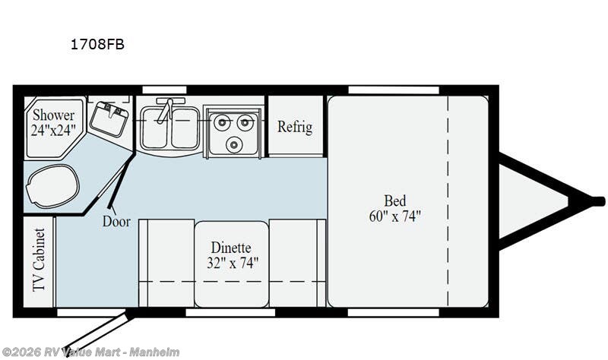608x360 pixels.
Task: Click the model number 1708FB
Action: pos(97,44)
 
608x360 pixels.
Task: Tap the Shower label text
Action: pos(53,115)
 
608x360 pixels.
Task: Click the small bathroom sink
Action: pos(107,118)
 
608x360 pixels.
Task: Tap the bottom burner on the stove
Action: pos(234,144)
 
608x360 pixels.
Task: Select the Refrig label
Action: pos(294,127)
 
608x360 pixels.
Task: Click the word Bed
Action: pos(394,201)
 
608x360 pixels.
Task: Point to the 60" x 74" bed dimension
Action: pos(394,216)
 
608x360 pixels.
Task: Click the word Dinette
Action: pos(230,248)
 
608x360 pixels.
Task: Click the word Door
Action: pos(116,222)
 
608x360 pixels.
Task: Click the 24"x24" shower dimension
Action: pos(53,129)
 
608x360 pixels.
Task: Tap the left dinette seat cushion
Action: pos(166,262)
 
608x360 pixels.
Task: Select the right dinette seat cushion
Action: pos(297,262)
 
